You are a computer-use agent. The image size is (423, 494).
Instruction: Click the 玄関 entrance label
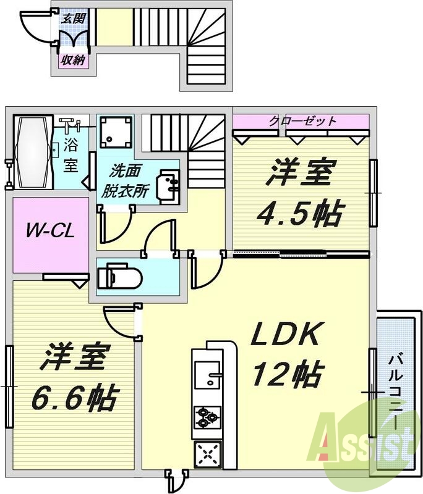coord(74,18)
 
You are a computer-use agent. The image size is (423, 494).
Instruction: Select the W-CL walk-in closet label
coord(50,232)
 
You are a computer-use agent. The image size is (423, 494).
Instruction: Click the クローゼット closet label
coord(302,120)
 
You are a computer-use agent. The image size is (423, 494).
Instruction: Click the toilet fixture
coord(118,275)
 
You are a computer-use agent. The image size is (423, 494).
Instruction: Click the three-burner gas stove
coord(206,418)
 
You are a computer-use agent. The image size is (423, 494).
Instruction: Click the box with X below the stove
coord(206,455)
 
